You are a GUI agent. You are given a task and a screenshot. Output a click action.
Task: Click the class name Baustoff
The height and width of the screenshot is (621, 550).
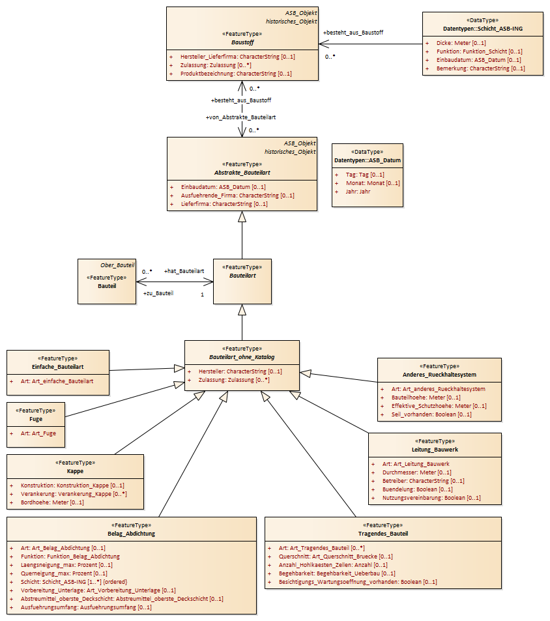(x=242, y=42)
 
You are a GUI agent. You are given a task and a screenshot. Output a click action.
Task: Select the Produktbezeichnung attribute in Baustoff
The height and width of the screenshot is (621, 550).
(x=236, y=74)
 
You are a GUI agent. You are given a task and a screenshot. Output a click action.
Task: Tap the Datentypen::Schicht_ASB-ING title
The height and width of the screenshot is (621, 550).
(x=483, y=29)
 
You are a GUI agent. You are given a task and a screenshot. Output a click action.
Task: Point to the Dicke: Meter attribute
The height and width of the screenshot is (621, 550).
(x=461, y=43)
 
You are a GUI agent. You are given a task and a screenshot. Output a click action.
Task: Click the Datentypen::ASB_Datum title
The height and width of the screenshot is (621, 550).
(x=368, y=160)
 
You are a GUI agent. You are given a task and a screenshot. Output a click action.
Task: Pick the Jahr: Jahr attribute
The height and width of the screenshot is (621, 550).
(x=358, y=192)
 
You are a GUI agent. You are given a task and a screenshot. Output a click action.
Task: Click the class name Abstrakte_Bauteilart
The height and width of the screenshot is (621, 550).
(x=242, y=173)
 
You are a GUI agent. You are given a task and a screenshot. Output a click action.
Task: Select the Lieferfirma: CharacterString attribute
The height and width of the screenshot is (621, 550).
(x=224, y=204)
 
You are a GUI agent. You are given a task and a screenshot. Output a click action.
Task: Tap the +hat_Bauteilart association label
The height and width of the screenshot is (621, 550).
(x=184, y=271)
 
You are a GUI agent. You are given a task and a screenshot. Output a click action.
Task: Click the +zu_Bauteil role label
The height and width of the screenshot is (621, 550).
(x=158, y=293)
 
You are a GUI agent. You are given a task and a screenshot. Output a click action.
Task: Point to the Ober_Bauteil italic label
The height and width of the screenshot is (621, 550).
(x=117, y=265)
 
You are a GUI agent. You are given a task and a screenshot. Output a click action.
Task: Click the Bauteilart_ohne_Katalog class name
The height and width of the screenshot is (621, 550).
(x=242, y=357)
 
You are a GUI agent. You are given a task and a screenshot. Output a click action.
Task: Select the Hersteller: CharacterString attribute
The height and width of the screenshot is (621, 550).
(x=240, y=371)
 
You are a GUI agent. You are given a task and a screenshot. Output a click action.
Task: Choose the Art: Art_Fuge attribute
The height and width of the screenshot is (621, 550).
(x=38, y=433)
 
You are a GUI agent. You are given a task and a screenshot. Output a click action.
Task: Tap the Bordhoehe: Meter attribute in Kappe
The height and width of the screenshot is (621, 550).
(x=52, y=502)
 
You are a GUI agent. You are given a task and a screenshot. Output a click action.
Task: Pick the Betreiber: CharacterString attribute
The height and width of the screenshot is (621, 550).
(x=424, y=481)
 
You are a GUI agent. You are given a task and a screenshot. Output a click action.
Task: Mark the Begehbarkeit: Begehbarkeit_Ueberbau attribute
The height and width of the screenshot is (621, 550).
(x=337, y=573)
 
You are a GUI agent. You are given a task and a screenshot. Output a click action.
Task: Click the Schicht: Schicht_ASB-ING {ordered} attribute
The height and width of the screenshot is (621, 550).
(x=74, y=582)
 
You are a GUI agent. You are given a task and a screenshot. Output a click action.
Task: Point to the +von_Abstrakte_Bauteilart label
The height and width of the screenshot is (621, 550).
(x=240, y=117)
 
